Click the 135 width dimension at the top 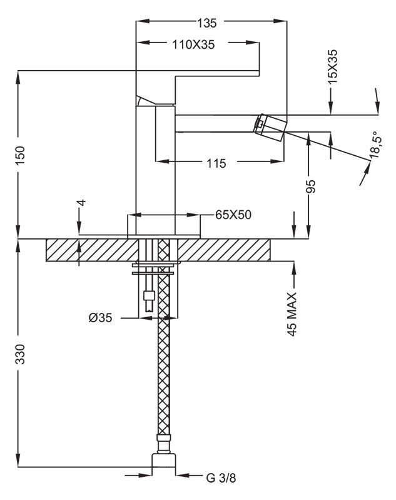(x=206, y=24)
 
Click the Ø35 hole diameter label (x=100, y=318)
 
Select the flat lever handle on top (x=206, y=73)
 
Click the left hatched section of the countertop (x=88, y=250)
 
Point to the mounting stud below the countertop (x=150, y=294)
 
